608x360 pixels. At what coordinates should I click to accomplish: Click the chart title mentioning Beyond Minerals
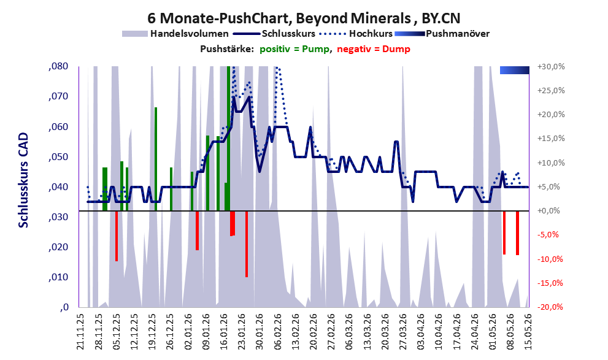[304, 18]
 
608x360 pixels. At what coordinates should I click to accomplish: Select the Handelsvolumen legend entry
[175, 34]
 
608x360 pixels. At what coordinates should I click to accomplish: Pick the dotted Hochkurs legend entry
[356, 34]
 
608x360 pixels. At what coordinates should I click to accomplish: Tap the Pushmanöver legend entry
[442, 34]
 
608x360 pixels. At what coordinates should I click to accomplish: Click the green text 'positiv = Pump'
[294, 49]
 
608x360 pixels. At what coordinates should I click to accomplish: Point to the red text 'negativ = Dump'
[374, 49]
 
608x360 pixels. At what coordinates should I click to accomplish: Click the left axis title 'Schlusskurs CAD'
[24, 180]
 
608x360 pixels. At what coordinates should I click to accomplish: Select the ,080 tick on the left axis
[58, 66]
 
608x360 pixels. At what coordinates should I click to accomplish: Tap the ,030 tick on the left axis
[58, 217]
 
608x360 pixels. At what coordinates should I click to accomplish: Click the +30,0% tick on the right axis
[551, 67]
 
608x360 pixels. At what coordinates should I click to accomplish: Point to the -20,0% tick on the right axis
[550, 307]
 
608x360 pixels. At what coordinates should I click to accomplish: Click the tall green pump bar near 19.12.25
[156, 159]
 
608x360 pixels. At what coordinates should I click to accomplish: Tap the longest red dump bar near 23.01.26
[247, 244]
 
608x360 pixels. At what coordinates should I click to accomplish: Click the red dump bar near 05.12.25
[117, 236]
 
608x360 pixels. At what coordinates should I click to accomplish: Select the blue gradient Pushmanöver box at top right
[515, 70]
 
